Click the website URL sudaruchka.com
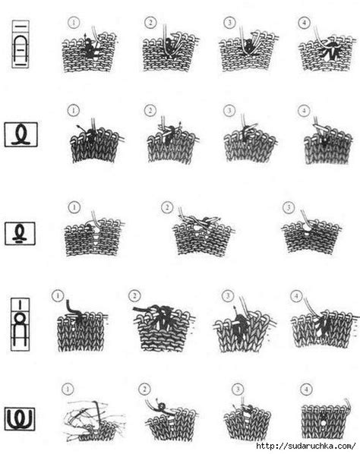coord(305,446)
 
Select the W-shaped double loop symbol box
coord(20,418)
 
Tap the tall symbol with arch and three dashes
coord(21,44)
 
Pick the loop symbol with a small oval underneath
coord(20,233)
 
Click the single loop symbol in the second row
coord(21,134)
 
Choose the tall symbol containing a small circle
coord(21,324)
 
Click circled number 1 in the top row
coord(74,23)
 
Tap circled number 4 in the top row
coord(304,23)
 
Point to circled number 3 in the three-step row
coord(289,207)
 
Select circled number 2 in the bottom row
coord(144,389)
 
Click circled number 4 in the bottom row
coord(306,389)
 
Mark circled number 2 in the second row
coord(150,110)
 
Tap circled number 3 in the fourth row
coord(228,295)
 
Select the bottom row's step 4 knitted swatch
coord(325,420)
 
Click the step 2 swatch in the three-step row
coord(204,233)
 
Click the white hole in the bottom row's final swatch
coord(324,423)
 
